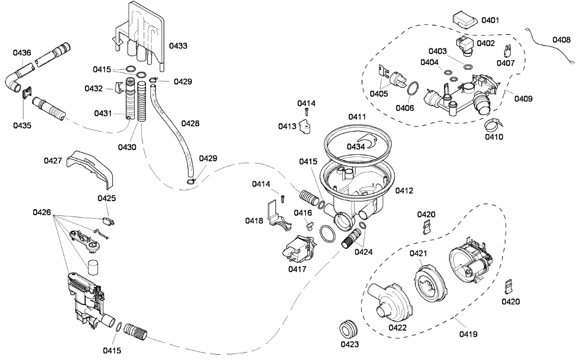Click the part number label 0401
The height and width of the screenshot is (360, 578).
click(490, 20)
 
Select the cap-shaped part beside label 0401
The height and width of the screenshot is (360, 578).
click(464, 20)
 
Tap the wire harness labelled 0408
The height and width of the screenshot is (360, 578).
click(550, 46)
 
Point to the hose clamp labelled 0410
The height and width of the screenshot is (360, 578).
click(494, 125)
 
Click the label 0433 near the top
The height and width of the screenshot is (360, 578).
click(178, 46)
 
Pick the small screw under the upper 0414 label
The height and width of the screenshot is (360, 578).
click(306, 112)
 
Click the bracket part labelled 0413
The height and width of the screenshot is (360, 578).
click(305, 127)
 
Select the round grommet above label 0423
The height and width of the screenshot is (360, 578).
click(348, 329)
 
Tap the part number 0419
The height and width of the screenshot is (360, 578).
click(468, 334)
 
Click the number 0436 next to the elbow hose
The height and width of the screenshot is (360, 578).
click(22, 53)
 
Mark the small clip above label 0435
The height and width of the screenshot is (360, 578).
click(27, 92)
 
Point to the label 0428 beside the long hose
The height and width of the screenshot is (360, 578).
click(190, 124)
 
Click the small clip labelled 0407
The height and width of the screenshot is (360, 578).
click(507, 51)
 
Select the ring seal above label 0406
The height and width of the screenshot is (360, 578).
click(413, 89)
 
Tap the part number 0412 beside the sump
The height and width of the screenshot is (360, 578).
click(404, 191)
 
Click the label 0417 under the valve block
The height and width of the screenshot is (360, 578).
click(297, 269)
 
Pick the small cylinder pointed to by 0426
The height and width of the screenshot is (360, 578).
click(93, 267)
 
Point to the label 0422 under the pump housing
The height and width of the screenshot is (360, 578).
click(397, 327)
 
